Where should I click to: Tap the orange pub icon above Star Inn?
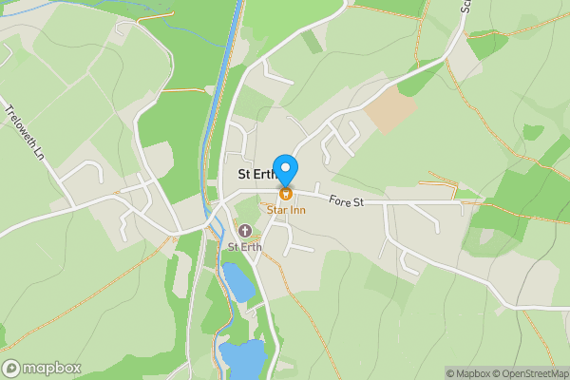point(285,193)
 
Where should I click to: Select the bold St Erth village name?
point(256,174)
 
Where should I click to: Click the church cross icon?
point(245,230)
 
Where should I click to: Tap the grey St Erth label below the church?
point(245,247)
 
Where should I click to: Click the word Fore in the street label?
point(339,199)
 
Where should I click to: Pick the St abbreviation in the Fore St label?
point(359,201)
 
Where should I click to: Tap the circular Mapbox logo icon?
point(11,368)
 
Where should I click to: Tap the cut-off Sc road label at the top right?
point(467,7)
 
